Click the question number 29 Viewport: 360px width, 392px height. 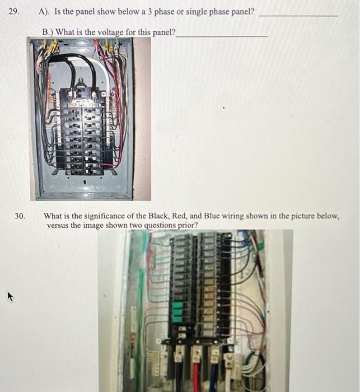15,11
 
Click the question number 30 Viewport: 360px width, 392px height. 20,216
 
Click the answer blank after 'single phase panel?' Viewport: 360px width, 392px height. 298,15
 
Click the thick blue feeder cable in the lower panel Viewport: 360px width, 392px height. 213,375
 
